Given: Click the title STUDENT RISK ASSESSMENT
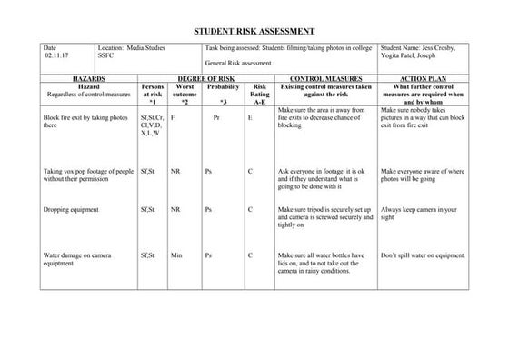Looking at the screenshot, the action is (x=254, y=31).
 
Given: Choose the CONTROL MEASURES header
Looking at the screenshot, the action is (x=325, y=78).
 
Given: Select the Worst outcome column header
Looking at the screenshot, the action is (x=185, y=94).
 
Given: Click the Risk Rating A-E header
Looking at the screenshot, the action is (x=260, y=94).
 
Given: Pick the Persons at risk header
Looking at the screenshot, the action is (x=153, y=94).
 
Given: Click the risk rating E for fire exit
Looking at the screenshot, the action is (x=250, y=117).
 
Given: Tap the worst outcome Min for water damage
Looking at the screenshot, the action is (x=176, y=255).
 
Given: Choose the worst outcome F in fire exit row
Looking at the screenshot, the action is (x=173, y=117).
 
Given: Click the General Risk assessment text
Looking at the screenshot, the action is (x=239, y=65).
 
